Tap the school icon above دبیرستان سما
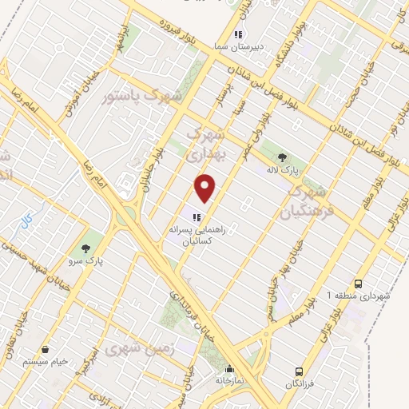coord(237,34)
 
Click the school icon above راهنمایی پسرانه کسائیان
coord(195,216)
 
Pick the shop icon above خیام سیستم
coord(46,349)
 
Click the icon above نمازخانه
coord(230,369)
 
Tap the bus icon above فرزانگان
coord(299,371)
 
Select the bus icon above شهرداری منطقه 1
coord(358,283)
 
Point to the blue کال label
coord(26,218)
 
